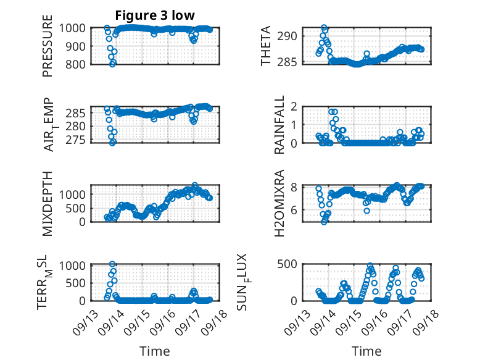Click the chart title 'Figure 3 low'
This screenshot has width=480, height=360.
coord(155,15)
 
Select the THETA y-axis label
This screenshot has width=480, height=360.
coord(266,46)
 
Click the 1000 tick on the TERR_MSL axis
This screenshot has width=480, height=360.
coord(75,266)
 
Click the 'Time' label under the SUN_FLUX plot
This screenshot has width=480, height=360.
coord(366,351)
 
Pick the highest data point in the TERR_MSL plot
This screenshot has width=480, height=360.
coord(112,264)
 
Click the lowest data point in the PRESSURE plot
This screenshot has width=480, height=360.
coord(112,64)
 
